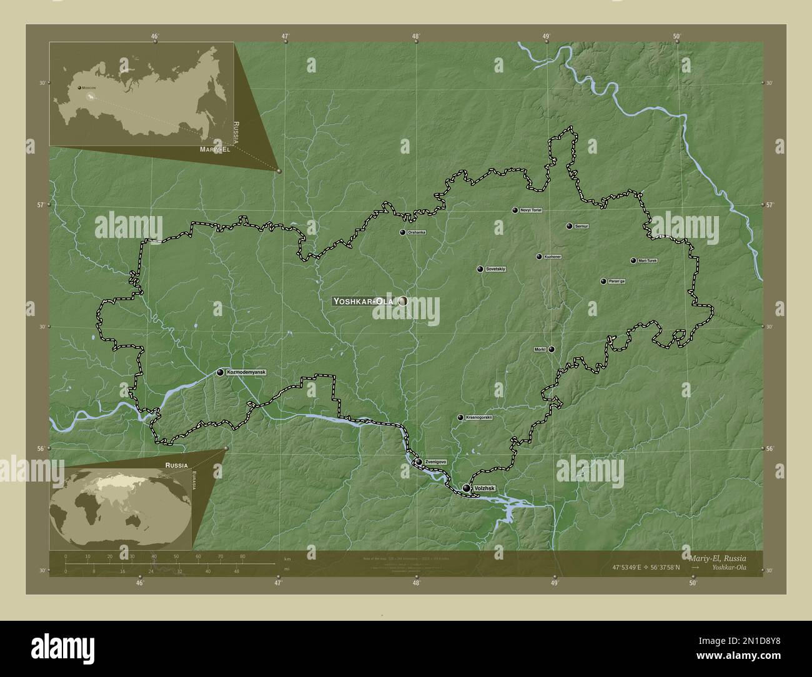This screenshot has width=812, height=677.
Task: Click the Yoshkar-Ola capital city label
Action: coord(364,301)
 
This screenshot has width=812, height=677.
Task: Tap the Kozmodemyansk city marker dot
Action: coord(220,372)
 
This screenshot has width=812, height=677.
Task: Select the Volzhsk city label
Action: coord(485,488)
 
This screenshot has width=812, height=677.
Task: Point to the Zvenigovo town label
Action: coord(435,462)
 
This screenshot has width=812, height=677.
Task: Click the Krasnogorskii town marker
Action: coord(460,417)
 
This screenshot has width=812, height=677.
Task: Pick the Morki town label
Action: coord(540,349)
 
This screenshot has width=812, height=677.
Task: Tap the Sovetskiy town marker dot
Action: coord(480,269)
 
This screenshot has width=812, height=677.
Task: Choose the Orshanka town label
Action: coord(416,232)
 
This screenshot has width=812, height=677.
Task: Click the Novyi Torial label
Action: coord(530,210)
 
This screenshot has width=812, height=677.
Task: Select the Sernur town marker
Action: coord(569,226)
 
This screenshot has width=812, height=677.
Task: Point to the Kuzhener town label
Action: coord(552,257)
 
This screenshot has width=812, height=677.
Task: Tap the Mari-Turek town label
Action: coord(647,260)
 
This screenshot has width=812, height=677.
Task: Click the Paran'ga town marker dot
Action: coord(603,282)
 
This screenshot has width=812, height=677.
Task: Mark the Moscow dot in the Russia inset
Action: coord(79,88)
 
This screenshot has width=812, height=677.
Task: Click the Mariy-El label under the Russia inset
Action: coord(215,151)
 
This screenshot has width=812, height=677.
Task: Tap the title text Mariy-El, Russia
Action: coord(716,557)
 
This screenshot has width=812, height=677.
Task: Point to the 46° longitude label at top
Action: coord(155,36)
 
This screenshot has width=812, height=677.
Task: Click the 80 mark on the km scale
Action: coord(242,556)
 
